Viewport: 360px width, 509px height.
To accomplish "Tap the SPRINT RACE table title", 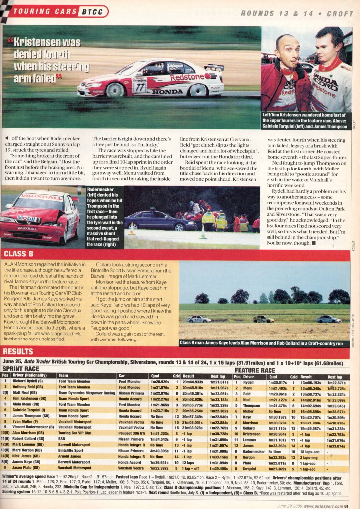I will (23, 369).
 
